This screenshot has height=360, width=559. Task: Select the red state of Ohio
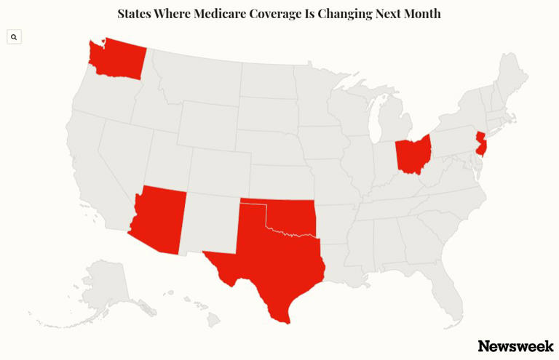point(412,155)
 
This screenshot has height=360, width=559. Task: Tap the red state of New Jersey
point(480,143)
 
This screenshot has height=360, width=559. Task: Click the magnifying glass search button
point(14,37)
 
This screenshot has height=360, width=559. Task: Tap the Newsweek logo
point(515,346)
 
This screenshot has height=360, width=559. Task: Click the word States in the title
point(136,14)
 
